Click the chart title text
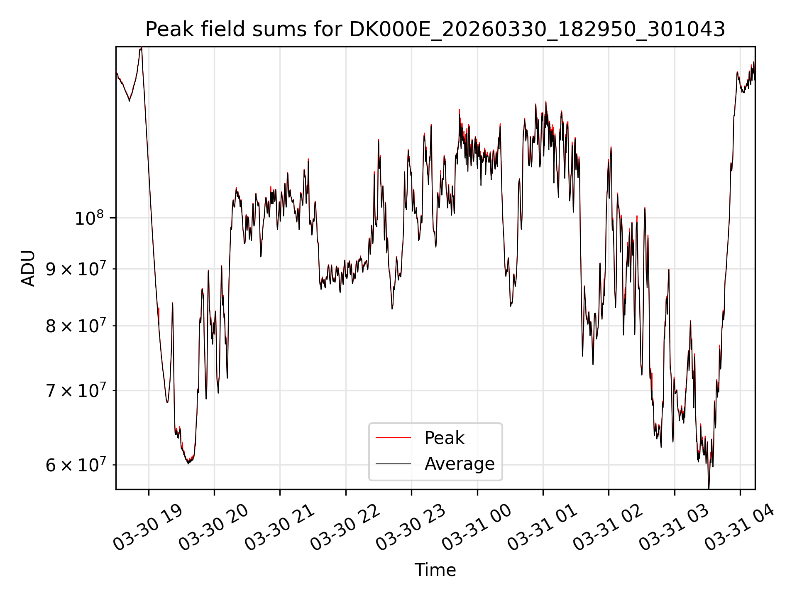coord(435,29)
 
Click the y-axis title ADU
coord(28,268)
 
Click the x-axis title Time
coord(435,570)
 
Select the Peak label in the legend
coord(444,438)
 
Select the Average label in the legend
coord(460,463)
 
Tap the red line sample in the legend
coord(393,438)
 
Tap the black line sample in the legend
coord(393,463)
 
